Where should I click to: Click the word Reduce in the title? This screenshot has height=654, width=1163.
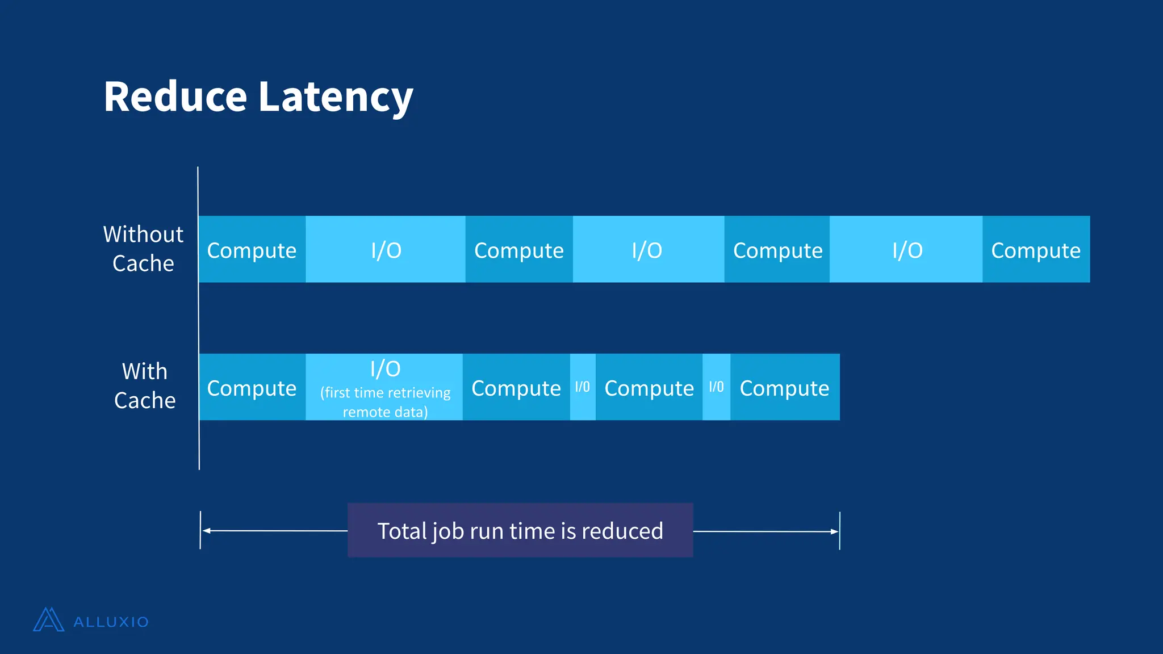point(175,97)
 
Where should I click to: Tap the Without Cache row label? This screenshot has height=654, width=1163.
point(143,249)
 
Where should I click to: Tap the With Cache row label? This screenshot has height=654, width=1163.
point(145,386)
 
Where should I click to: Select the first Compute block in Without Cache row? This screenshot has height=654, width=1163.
point(252,250)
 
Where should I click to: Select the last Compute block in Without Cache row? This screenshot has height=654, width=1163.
point(1036,250)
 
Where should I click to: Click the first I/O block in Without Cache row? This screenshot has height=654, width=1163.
point(386,250)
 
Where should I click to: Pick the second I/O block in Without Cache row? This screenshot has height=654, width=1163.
point(647,250)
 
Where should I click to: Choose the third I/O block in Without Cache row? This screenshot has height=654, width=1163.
point(906,250)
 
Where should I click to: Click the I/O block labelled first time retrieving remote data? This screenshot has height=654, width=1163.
point(384,387)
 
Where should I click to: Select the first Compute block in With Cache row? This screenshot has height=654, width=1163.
point(252,388)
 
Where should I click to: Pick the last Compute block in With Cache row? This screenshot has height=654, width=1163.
point(785,388)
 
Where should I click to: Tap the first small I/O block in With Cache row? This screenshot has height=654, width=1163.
point(583,387)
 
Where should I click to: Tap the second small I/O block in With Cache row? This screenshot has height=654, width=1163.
point(716,387)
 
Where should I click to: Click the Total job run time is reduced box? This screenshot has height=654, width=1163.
point(520,530)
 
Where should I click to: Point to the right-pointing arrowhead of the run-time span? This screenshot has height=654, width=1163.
point(834,531)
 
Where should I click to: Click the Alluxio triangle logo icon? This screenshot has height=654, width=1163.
point(49,620)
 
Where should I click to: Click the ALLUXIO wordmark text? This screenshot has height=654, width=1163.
point(111,622)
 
